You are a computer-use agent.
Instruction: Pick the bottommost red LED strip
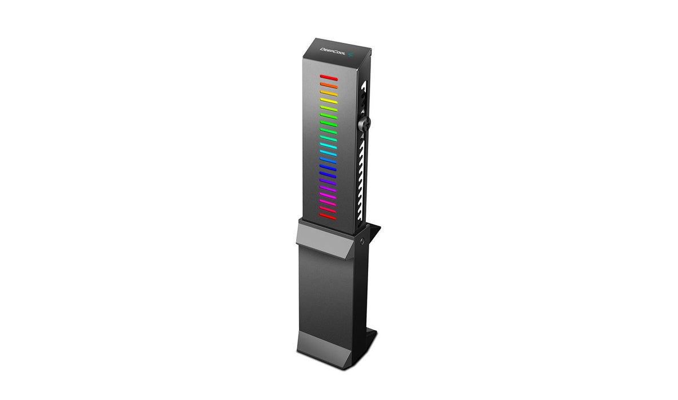coord(328,217)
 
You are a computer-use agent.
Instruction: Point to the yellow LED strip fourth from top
coord(329,101)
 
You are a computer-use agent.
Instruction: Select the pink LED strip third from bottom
coord(328,201)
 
